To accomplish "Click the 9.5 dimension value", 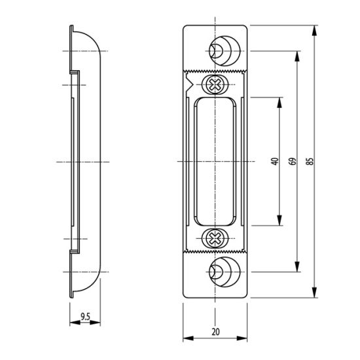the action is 85,317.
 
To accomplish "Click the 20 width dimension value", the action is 215,332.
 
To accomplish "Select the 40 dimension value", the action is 275,161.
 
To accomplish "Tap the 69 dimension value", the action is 293,161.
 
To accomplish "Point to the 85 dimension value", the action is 310,161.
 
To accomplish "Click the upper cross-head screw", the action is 215,84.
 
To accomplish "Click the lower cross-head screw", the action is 215,238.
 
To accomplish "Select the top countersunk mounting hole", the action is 225,51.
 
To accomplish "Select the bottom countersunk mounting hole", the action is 225,272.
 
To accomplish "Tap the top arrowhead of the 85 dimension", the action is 315,31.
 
